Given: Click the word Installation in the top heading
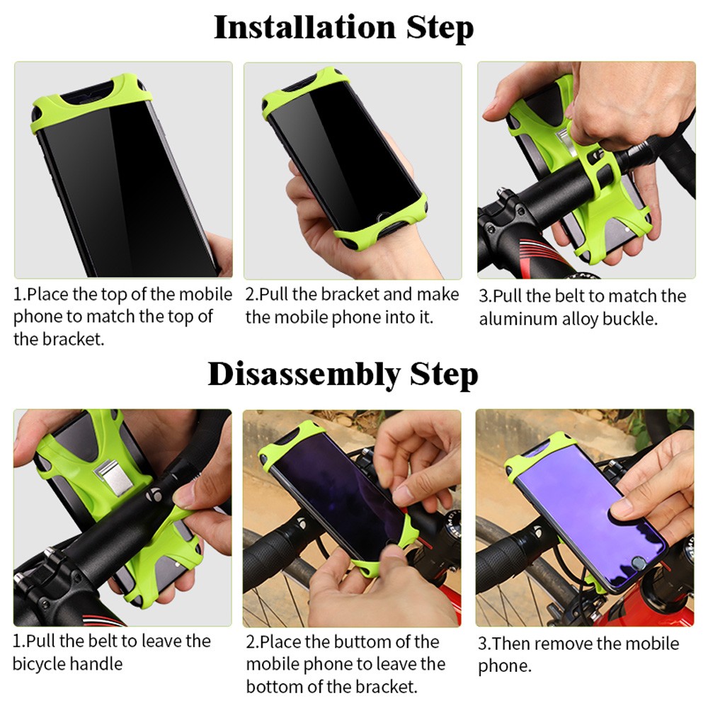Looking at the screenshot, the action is point(304,28).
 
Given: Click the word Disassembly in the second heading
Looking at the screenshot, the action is point(304,375).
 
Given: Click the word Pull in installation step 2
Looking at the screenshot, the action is point(273,295).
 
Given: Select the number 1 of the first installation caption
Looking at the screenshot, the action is point(17,295).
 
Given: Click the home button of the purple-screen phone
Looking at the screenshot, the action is point(638,563).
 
